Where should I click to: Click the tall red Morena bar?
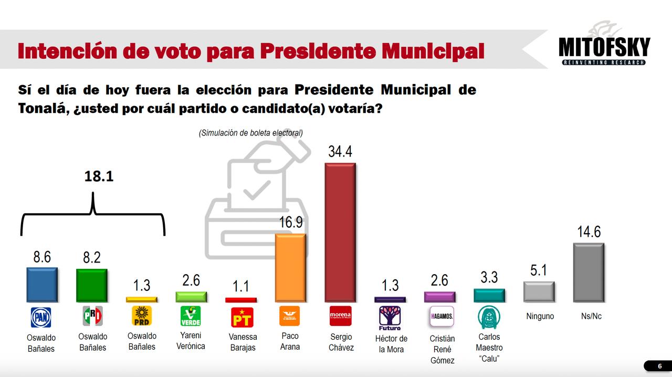pyautogui.click(x=340, y=232)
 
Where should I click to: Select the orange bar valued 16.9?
pyautogui.click(x=290, y=268)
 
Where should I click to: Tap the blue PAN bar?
pyautogui.click(x=42, y=285)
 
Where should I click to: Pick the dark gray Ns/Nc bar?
pyautogui.click(x=589, y=272)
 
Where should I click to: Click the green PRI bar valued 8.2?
pyautogui.click(x=92, y=285)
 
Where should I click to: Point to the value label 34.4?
pyautogui.click(x=340, y=152)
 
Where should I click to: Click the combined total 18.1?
pyautogui.click(x=99, y=176)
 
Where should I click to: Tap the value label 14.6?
pyautogui.click(x=589, y=232)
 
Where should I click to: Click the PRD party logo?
pyautogui.click(x=142, y=316)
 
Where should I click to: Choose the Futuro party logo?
pyautogui.click(x=390, y=317)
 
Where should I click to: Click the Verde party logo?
pyautogui.click(x=191, y=316)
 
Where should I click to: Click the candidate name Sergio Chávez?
pyautogui.click(x=341, y=342)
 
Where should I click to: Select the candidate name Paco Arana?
pyautogui.click(x=290, y=341)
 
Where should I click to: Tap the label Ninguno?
pyautogui.click(x=539, y=316)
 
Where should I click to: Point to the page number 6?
pyautogui.click(x=660, y=366)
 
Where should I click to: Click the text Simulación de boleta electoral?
pyautogui.click(x=250, y=133)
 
